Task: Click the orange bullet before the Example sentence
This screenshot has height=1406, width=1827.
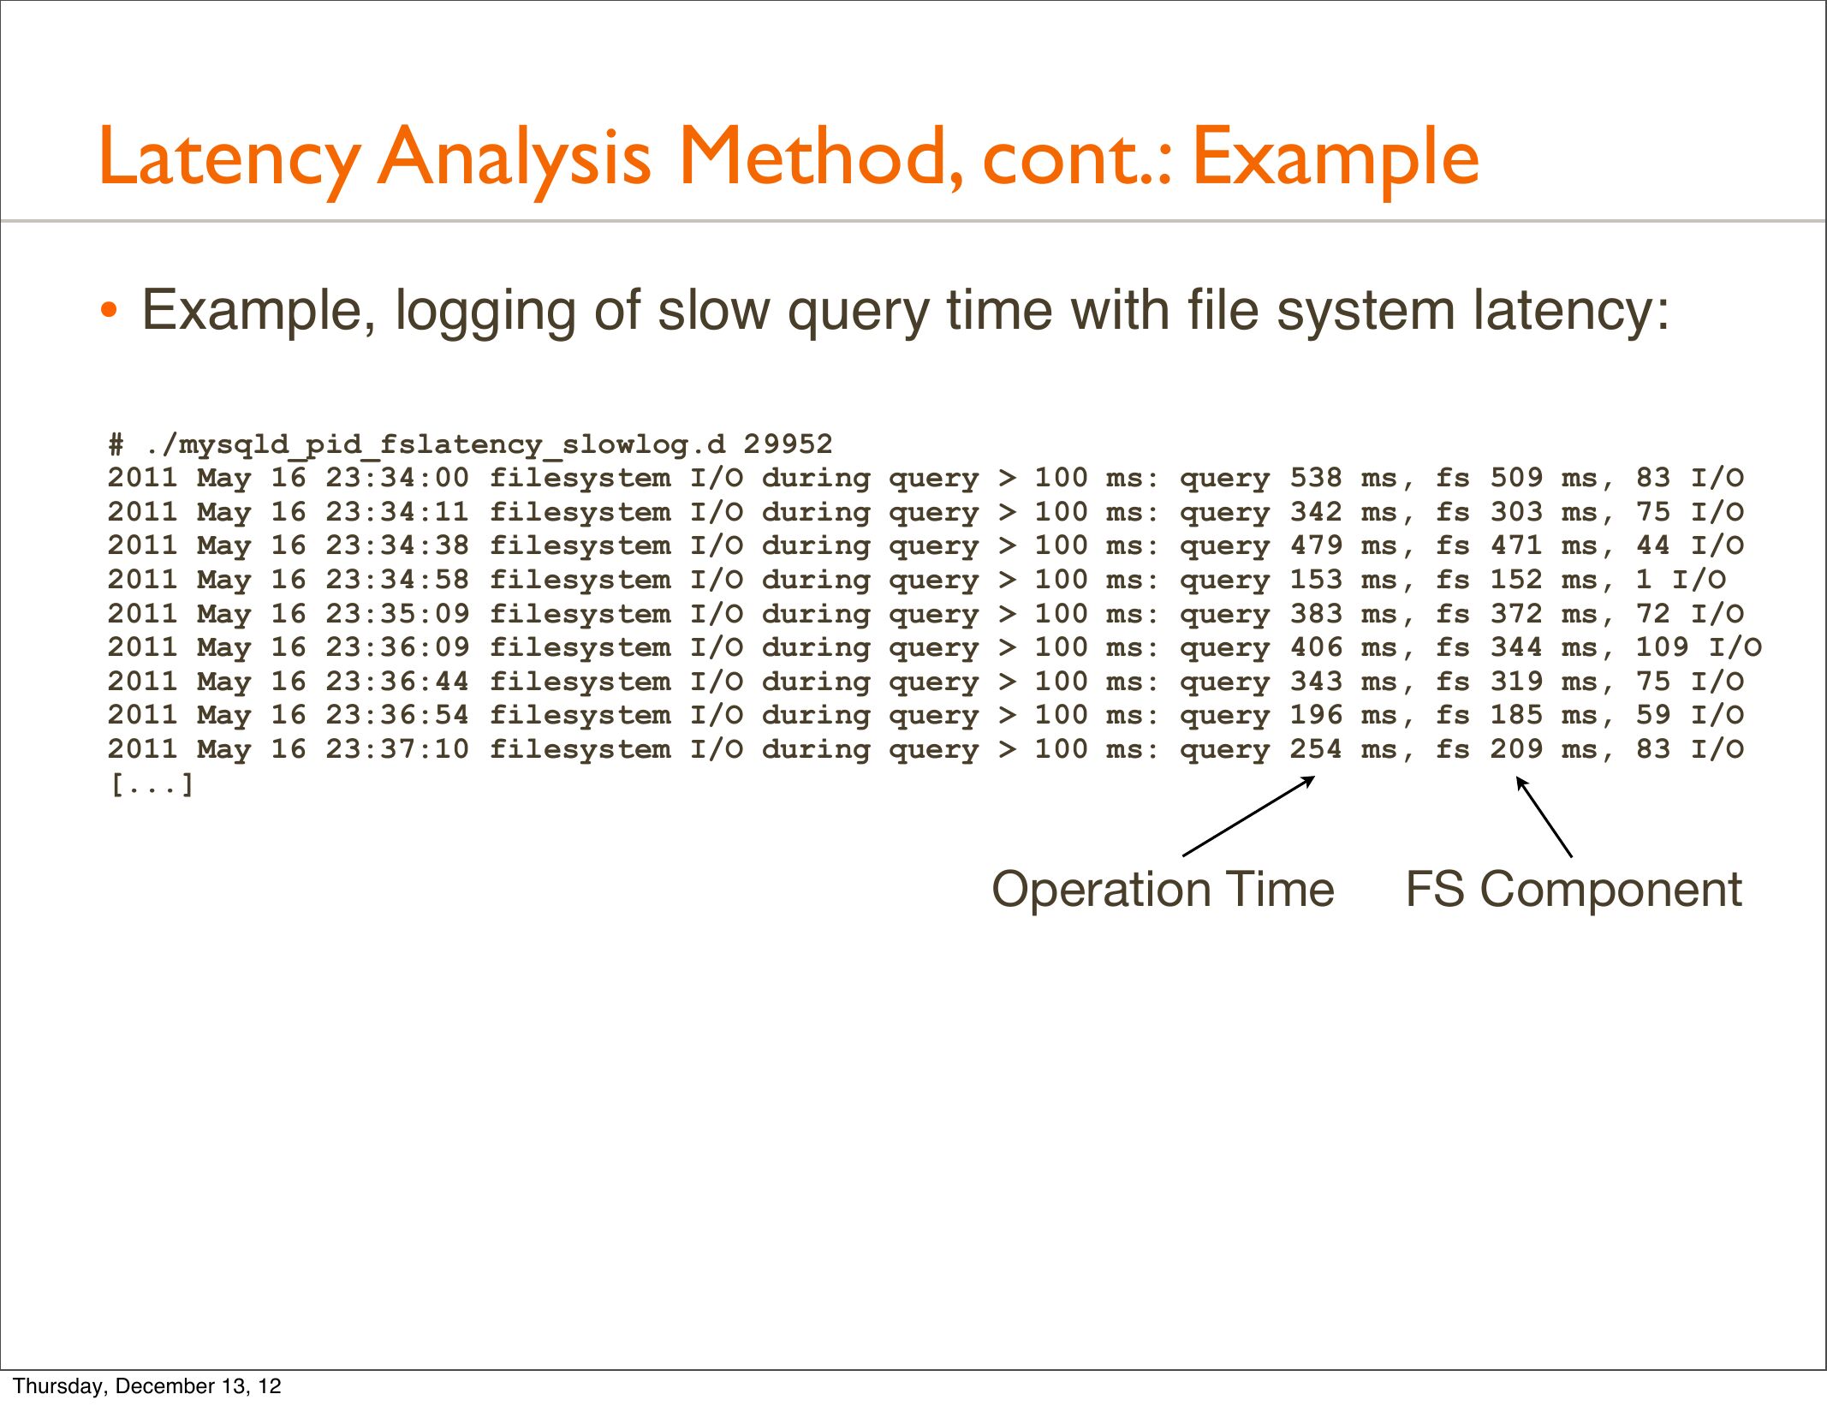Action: point(108,310)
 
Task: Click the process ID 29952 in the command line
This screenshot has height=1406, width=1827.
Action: point(788,444)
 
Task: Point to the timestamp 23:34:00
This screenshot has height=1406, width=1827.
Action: point(397,478)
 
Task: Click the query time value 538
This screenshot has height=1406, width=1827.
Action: point(1316,478)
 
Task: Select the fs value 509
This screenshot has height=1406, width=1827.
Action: point(1516,478)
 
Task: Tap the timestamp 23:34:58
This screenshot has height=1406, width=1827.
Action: point(397,580)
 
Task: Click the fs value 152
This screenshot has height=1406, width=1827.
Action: point(1516,580)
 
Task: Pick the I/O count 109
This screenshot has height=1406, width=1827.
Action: point(1662,647)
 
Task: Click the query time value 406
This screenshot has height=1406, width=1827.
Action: point(1316,647)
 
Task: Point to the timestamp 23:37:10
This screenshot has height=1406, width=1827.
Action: point(397,749)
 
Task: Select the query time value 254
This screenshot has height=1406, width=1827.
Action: point(1316,749)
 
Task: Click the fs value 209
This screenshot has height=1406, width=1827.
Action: point(1516,749)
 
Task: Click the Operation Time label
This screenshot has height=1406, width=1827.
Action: point(1163,890)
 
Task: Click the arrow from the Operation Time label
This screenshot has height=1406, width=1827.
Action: point(1249,816)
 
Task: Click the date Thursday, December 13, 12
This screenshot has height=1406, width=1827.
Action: point(147,1386)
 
